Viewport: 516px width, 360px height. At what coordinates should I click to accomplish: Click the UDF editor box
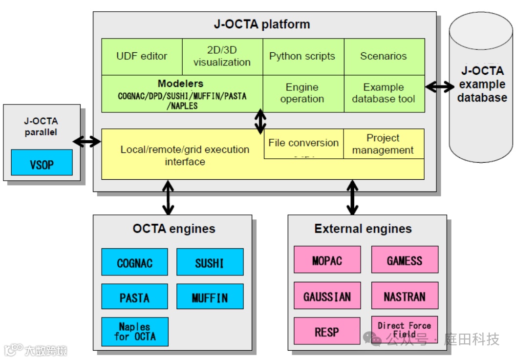(142, 57)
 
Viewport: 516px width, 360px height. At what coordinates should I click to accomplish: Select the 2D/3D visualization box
(222, 57)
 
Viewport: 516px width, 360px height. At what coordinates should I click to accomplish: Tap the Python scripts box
(303, 57)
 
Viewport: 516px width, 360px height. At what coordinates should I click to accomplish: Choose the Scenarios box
(385, 57)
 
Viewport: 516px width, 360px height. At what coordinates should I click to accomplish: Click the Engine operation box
(303, 94)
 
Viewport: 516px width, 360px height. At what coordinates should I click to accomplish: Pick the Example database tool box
(385, 94)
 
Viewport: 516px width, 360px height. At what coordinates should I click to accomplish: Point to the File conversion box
(304, 144)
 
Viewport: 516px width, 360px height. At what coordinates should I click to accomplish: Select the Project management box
(384, 144)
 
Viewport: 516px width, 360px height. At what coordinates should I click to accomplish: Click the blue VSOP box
(42, 163)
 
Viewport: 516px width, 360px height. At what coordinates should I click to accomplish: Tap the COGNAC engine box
(134, 262)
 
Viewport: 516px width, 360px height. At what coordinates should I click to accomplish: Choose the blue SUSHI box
(210, 262)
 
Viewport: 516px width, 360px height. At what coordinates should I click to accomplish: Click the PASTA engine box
(134, 296)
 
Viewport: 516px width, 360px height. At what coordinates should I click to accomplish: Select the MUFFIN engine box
(210, 296)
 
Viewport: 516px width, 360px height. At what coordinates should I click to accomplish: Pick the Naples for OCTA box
(135, 332)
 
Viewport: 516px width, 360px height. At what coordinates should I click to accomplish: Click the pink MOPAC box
(327, 260)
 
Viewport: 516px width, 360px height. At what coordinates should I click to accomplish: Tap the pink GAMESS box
(405, 260)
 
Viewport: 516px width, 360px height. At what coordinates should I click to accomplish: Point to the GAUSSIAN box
(327, 296)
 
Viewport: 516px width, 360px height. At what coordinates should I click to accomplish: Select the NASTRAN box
(405, 296)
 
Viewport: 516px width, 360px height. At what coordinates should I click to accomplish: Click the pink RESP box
(327, 331)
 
